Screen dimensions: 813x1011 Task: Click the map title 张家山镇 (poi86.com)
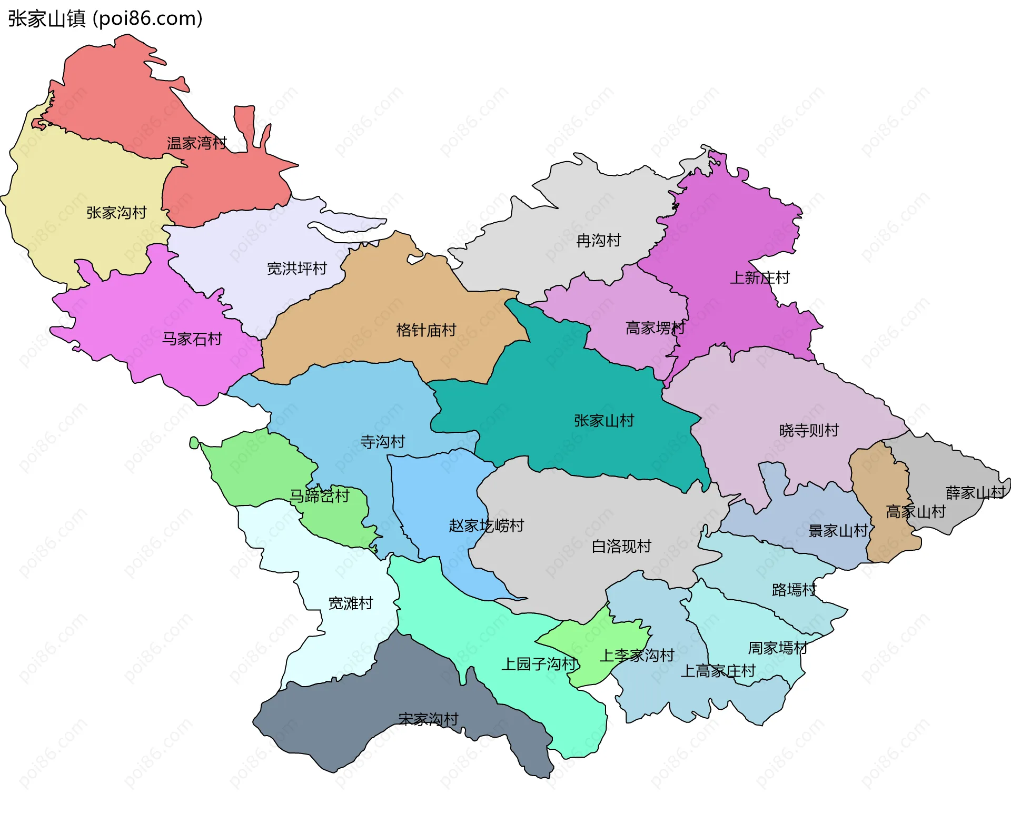pyautogui.click(x=105, y=18)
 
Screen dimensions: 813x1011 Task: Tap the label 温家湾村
pyautogui.click(x=196, y=143)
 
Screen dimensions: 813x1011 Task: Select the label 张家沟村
pyautogui.click(x=116, y=213)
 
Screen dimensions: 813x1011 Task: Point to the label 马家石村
pyautogui.click(x=192, y=339)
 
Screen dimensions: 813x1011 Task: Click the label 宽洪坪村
pyautogui.click(x=296, y=269)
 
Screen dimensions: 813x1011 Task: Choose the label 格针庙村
pyautogui.click(x=425, y=330)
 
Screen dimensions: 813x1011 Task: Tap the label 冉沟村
pyautogui.click(x=598, y=241)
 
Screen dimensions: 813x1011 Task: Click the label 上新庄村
pyautogui.click(x=759, y=277)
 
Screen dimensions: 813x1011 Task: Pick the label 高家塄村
pyautogui.click(x=655, y=328)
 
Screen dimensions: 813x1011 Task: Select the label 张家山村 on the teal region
pyautogui.click(x=603, y=421)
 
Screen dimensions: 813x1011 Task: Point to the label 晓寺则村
pyautogui.click(x=808, y=430)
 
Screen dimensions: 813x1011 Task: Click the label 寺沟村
pyautogui.click(x=382, y=442)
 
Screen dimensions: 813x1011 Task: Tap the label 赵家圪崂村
pyautogui.click(x=486, y=526)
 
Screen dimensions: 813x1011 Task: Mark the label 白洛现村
pyautogui.click(x=621, y=547)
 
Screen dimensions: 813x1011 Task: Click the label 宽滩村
pyautogui.click(x=350, y=603)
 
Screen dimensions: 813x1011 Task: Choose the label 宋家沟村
pyautogui.click(x=428, y=719)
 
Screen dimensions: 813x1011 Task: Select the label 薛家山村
pyautogui.click(x=975, y=493)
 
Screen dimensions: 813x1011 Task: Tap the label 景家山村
pyautogui.click(x=838, y=531)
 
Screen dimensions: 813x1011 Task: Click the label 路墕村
pyautogui.click(x=794, y=590)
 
